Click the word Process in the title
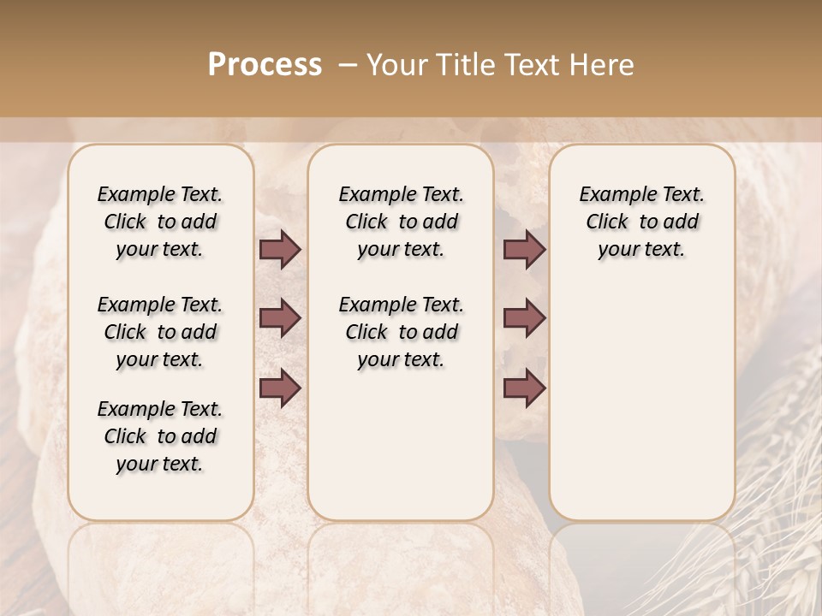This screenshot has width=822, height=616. coord(265,64)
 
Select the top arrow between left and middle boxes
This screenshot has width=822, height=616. coord(280,250)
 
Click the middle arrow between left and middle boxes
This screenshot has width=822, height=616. coord(280,318)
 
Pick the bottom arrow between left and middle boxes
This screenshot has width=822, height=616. coord(280,388)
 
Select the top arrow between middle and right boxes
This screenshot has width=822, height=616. coord(524,250)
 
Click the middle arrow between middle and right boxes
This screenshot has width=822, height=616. coord(524,318)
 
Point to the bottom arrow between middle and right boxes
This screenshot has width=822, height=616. coord(524,388)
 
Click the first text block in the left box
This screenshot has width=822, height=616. coord(159,222)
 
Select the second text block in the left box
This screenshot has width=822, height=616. coord(159,332)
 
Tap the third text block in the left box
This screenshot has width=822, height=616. coord(159,436)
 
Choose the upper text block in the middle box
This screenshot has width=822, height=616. coord(401,222)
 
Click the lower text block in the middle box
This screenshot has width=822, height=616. coord(401,332)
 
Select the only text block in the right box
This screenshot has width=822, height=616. coord(641,222)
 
